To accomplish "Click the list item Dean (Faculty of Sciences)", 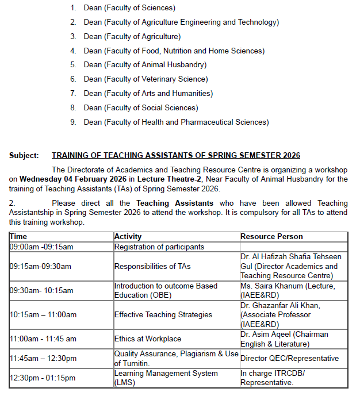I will [129, 8].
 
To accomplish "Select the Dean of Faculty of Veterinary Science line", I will [145, 79].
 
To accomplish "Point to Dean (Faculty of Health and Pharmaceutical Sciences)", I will [176, 122].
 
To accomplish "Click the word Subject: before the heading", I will [24, 156].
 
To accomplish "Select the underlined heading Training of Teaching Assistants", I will [176, 156].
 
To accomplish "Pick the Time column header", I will [18, 237].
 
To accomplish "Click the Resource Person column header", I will [271, 237].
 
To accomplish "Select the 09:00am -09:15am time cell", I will [41, 247].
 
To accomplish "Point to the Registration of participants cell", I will [159, 247].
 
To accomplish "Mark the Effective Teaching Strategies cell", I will [163, 315].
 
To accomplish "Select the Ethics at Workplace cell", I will [148, 339].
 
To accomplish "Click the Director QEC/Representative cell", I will [289, 359].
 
